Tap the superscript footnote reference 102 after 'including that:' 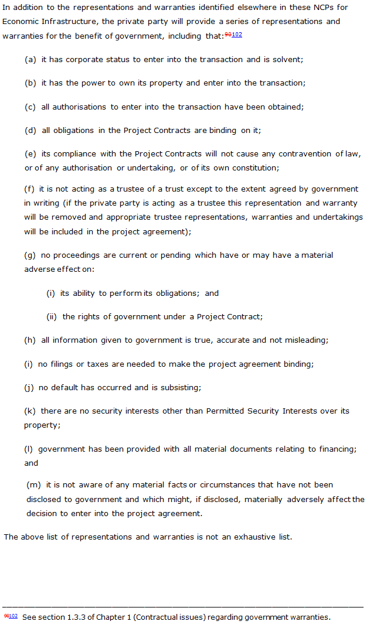pyautogui.click(x=237, y=35)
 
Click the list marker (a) pyautogui.click(x=30, y=60)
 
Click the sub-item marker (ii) pyautogui.click(x=52, y=317)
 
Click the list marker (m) pyautogui.click(x=33, y=485)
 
